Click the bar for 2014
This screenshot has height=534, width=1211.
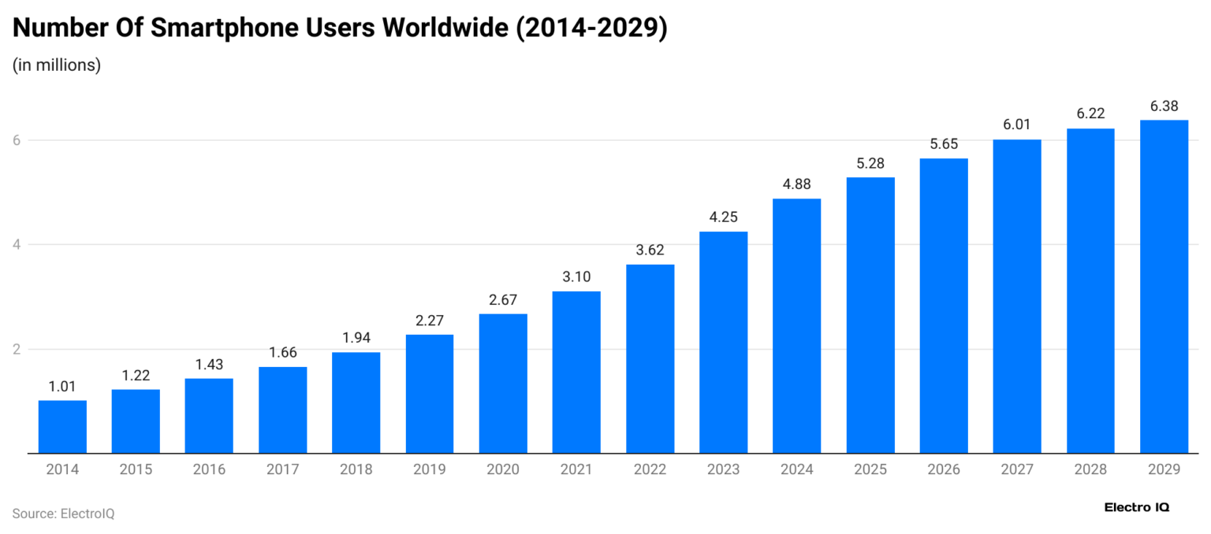click(x=62, y=427)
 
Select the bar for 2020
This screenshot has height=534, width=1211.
click(x=503, y=384)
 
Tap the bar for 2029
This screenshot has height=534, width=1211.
click(x=1164, y=287)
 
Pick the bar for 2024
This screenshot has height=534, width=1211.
click(x=796, y=326)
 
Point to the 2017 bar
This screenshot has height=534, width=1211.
click(x=282, y=410)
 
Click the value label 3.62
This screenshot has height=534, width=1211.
click(x=650, y=250)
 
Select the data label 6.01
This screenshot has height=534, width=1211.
click(x=1017, y=124)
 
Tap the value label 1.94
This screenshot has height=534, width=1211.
click(x=356, y=338)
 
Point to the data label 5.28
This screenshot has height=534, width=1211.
click(x=870, y=163)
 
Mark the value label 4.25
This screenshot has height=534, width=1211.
click(x=723, y=217)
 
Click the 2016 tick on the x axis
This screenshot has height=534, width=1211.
click(x=209, y=469)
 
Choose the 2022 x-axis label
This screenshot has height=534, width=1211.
click(x=650, y=469)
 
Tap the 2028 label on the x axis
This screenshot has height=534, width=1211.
click(x=1090, y=469)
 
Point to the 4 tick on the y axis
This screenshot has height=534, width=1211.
click(x=16, y=245)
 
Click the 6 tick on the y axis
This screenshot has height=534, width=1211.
click(x=16, y=140)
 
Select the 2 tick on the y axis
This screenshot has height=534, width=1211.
click(x=16, y=350)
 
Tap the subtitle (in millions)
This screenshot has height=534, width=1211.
click(x=57, y=65)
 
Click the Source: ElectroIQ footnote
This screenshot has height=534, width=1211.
click(x=63, y=514)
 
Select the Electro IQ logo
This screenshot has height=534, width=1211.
click(x=1137, y=507)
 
